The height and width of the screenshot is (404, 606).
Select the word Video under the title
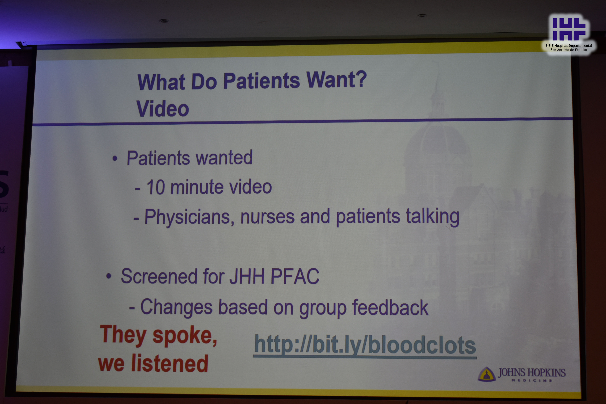pos(163,108)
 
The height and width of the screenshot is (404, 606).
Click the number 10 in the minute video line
pos(156,187)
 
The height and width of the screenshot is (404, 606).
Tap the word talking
pos(433,216)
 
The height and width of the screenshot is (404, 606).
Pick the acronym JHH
pos(247,276)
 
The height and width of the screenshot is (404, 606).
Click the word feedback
pos(390,307)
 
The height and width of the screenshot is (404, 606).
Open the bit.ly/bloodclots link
pos(365,345)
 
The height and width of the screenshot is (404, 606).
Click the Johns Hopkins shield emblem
pos(486,374)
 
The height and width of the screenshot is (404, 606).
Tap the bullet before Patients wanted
pos(115,158)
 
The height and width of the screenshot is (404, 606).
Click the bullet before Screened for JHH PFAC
pos(109,276)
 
